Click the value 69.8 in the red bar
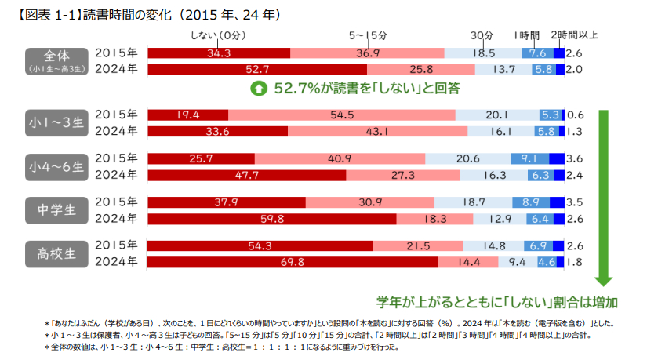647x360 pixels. [292, 262]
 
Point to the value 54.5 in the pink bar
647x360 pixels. [341, 114]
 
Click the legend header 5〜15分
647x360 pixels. [367, 35]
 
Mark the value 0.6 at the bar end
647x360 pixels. [575, 114]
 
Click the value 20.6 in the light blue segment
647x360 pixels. [468, 158]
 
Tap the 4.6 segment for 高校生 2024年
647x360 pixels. [547, 262]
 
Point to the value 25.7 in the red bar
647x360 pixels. [201, 158]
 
